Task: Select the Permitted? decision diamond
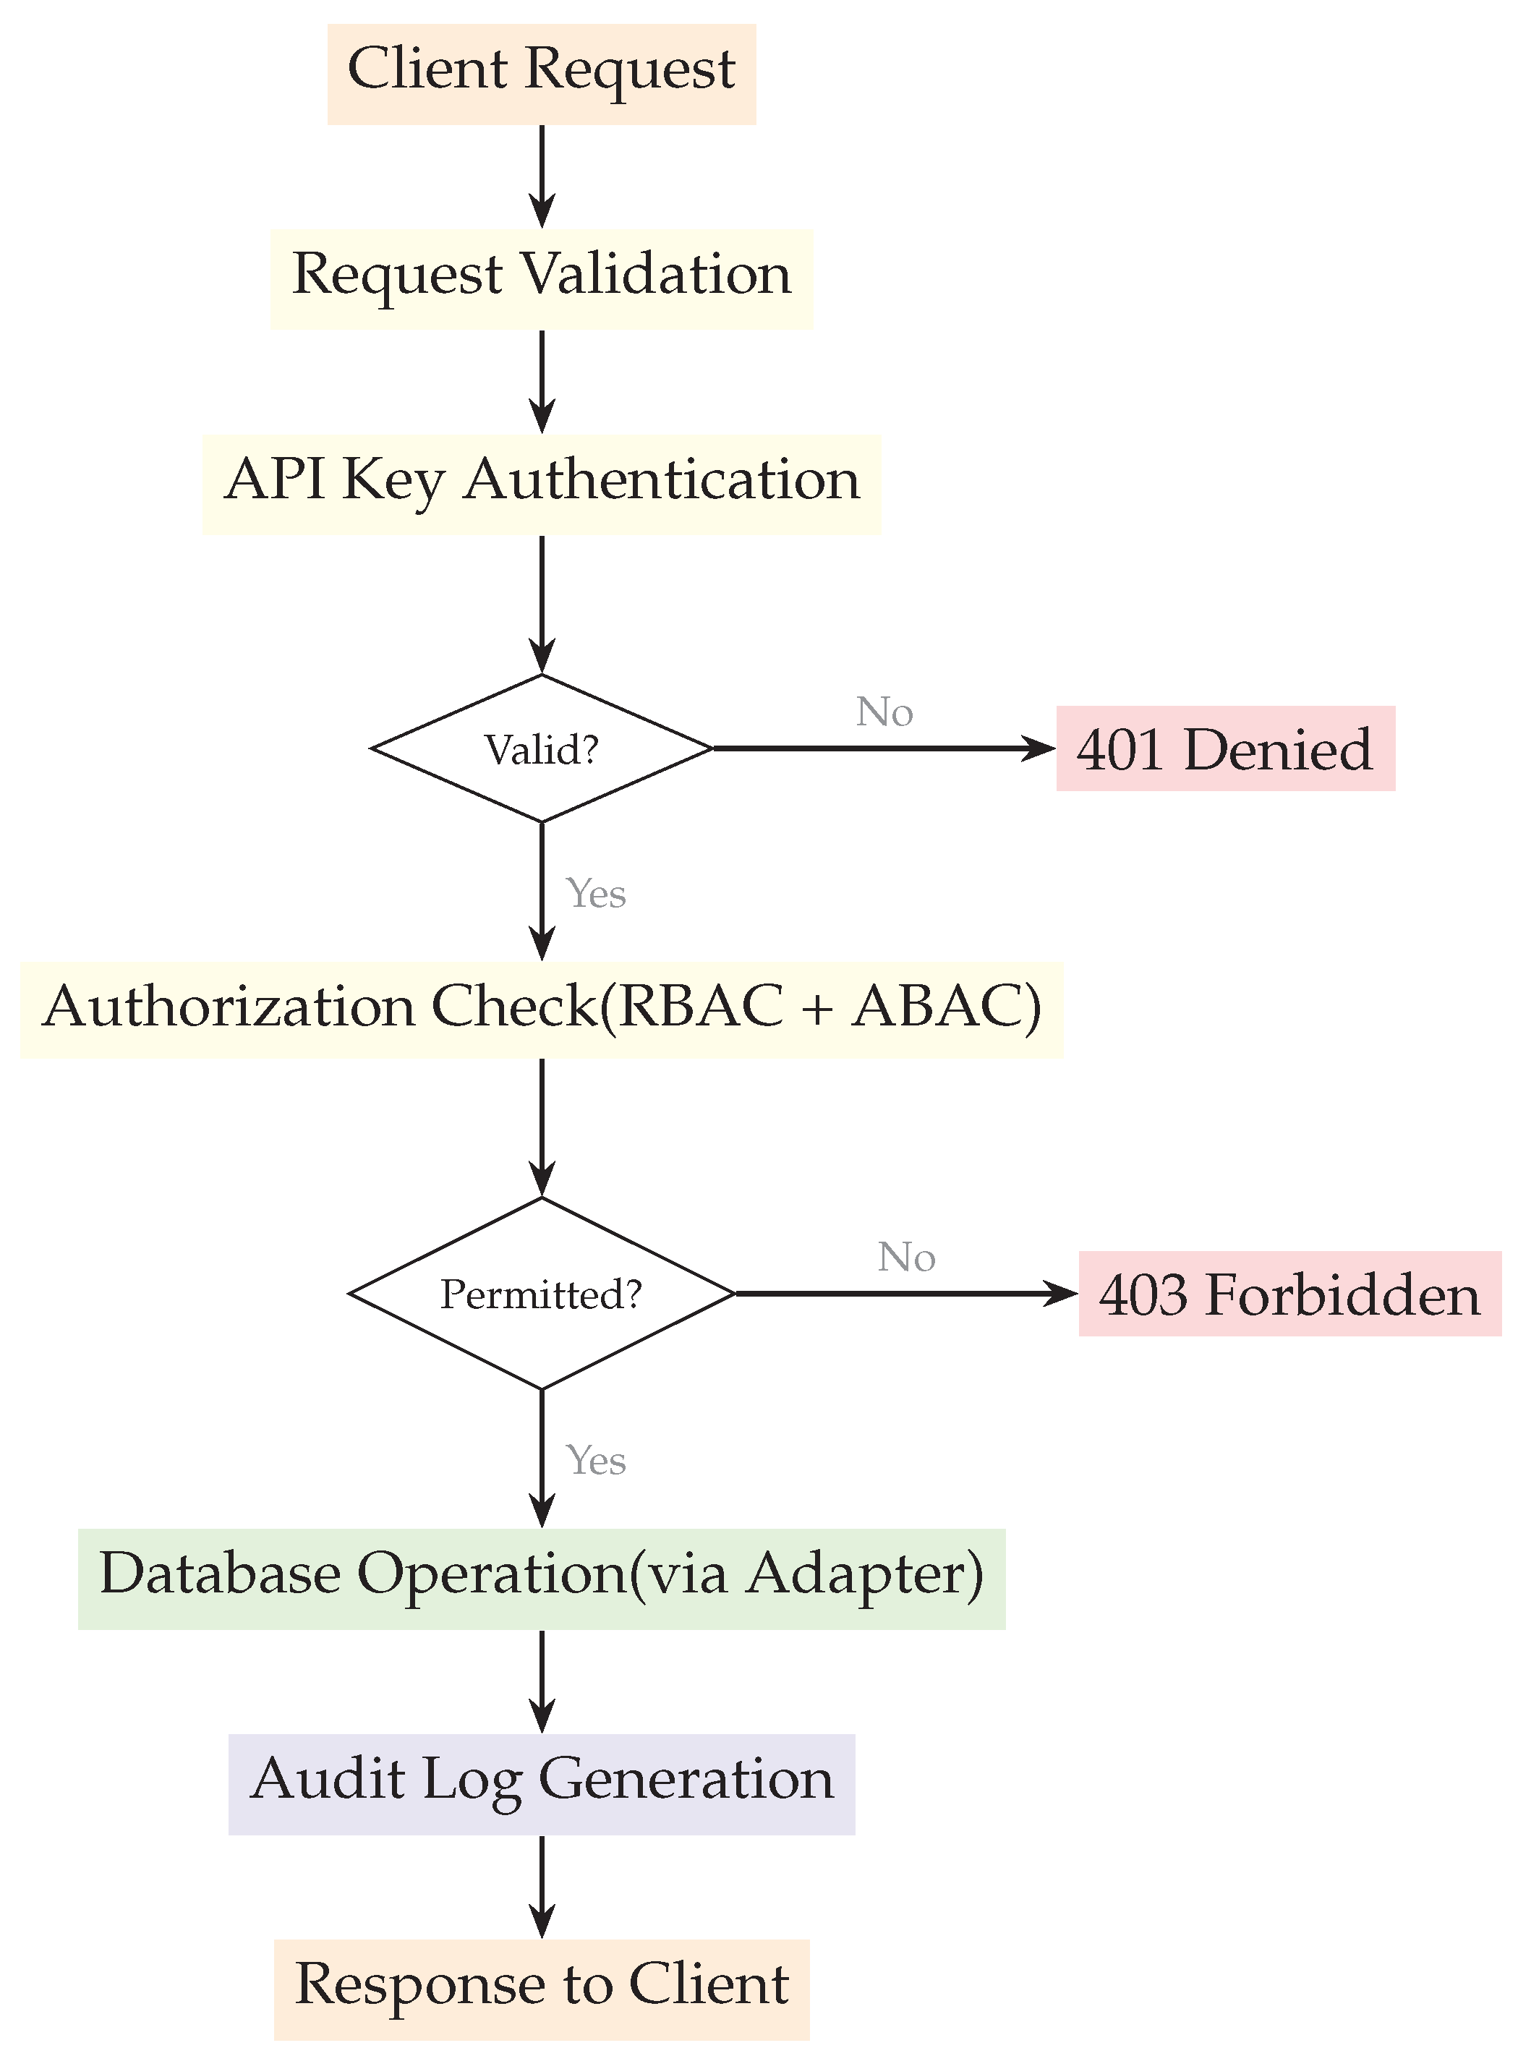coord(542,1293)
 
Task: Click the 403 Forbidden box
coord(1290,1293)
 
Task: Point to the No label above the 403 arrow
coord(906,1257)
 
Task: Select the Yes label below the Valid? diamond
coord(595,893)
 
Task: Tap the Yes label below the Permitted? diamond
coord(595,1460)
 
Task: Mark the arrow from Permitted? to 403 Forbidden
coord(907,1294)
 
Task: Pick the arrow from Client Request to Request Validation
coord(542,177)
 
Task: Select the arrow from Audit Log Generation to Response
coord(542,1887)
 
